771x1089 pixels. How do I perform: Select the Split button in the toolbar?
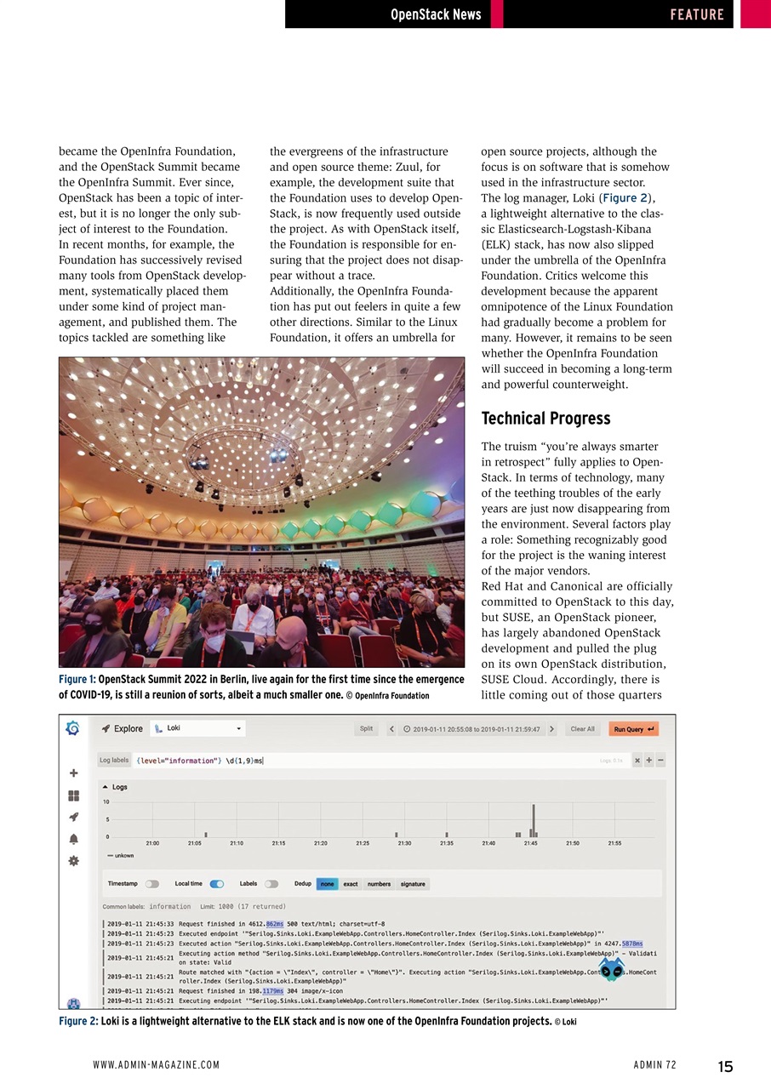coord(366,729)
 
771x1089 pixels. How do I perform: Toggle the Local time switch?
coord(217,884)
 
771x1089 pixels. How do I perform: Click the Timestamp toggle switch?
coord(152,884)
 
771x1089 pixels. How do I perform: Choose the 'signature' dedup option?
coord(413,884)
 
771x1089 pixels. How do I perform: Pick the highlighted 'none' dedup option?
coord(327,884)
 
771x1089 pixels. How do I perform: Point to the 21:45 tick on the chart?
coord(529,843)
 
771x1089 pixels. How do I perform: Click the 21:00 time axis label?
coord(152,843)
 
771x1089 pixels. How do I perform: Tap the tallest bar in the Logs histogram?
coord(534,820)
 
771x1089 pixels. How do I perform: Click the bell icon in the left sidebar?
coord(74,838)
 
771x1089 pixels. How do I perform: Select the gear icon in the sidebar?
coord(74,860)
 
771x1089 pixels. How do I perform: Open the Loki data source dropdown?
coord(197,729)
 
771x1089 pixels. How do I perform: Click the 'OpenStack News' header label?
coord(435,14)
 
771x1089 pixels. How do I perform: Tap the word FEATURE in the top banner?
coord(696,14)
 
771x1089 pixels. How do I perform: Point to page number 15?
coord(725,1067)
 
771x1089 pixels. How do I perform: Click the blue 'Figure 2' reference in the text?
coord(627,197)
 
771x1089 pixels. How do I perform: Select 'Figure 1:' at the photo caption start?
coord(77,680)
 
